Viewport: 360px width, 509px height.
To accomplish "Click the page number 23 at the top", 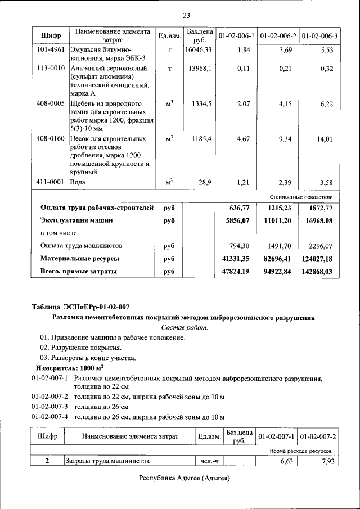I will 186,15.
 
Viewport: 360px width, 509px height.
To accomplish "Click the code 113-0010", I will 51,69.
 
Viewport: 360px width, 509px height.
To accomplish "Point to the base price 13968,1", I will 201,69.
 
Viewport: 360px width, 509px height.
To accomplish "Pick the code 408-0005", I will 51,104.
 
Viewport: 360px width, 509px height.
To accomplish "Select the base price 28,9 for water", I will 204,183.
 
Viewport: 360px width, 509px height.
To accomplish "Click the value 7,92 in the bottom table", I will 325,461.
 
